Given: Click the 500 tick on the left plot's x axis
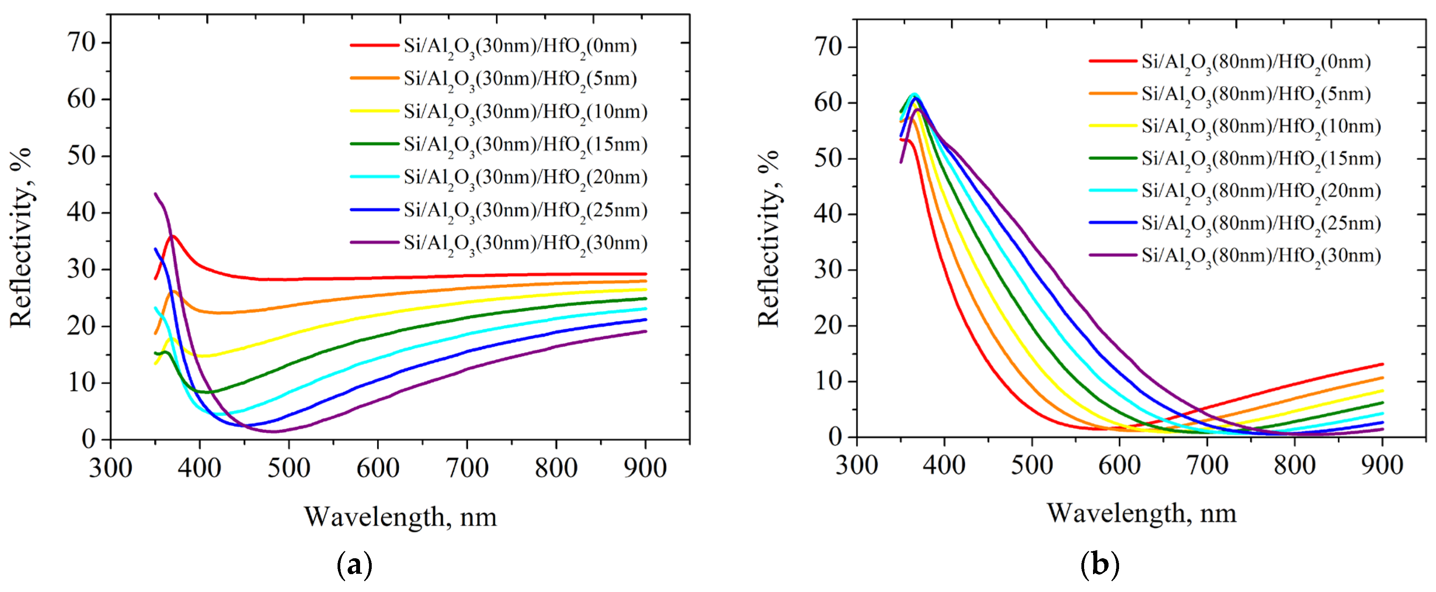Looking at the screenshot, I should pyautogui.click(x=288, y=468).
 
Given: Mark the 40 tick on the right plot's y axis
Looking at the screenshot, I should pyautogui.click(x=827, y=215).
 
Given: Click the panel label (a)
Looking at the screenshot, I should pyautogui.click(x=355, y=565).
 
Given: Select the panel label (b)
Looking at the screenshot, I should pyautogui.click(x=1099, y=565).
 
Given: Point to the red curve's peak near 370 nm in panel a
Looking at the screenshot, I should pyautogui.click(x=173, y=236).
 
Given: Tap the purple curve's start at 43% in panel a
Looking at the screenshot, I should pyautogui.click(x=155, y=194).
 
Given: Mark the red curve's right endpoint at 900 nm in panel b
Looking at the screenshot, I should pyautogui.click(x=1382, y=364).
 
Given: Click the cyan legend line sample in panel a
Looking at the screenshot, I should pyautogui.click(x=374, y=177).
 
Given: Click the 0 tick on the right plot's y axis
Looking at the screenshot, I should pyautogui.click(x=834, y=437).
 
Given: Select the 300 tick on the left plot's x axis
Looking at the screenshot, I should pyautogui.click(x=110, y=468).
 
